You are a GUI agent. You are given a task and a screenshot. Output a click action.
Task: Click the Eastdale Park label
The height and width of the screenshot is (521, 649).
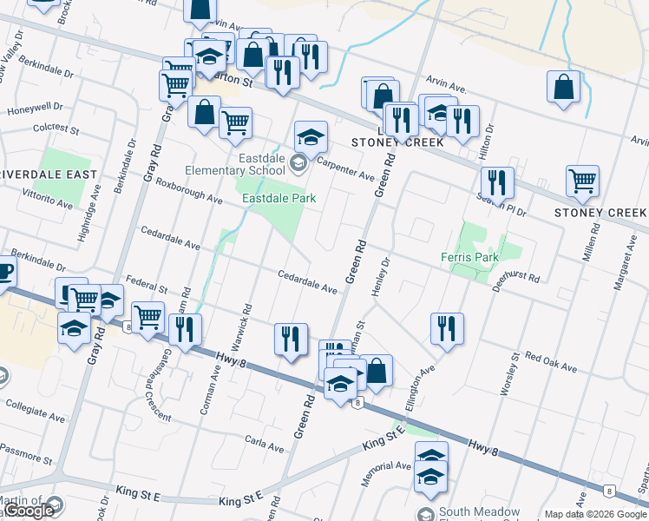coord(278,198)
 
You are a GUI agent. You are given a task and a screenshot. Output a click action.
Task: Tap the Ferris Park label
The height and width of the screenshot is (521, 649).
coord(469,257)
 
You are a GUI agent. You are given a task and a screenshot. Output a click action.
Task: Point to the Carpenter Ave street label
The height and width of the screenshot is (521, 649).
coord(344,168)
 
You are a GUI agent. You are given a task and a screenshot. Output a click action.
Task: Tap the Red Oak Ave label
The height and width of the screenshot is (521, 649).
coord(550,362)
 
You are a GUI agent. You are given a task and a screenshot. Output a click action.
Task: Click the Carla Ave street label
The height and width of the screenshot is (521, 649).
coord(265,445)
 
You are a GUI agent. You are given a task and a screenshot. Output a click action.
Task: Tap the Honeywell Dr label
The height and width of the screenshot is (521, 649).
coord(35,109)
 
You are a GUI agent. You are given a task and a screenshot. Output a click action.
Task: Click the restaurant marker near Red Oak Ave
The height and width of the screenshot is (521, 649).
coord(447,328)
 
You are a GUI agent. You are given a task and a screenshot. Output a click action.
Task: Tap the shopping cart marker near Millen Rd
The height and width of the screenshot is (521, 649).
coord(582,181)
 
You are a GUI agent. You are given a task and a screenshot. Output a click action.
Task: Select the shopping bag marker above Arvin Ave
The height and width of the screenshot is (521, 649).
coord(564,87)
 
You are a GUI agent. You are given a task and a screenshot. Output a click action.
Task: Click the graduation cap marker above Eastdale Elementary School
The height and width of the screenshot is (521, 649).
coord(310,136)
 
